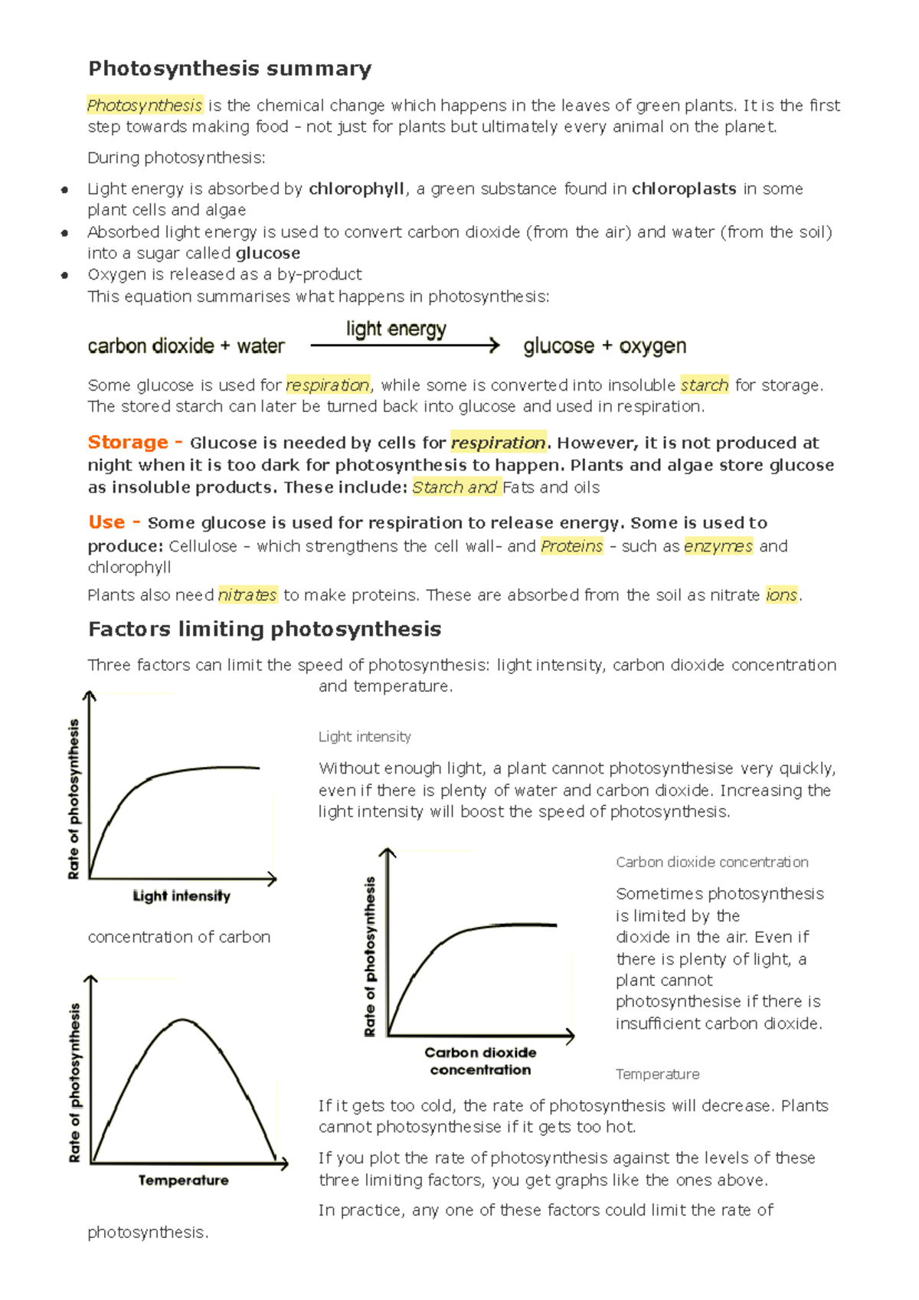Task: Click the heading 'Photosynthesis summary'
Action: tap(230, 69)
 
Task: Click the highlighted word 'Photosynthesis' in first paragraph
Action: tap(145, 105)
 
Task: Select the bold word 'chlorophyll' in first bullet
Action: tap(356, 188)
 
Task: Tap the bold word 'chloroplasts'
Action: tap(684, 188)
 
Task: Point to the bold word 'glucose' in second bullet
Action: tap(268, 253)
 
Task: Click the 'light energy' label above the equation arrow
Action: tap(396, 329)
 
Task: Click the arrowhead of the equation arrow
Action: tap(495, 345)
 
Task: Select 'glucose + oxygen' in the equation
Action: tap(604, 346)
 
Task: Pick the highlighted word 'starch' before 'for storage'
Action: tap(704, 385)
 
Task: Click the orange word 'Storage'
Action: tap(128, 442)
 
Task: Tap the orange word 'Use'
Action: tap(106, 522)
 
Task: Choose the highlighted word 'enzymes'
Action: tap(718, 545)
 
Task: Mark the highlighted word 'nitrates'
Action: tap(247, 594)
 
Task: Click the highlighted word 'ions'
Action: tap(781, 594)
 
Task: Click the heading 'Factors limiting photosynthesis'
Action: tap(264, 629)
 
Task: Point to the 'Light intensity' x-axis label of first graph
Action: tap(182, 896)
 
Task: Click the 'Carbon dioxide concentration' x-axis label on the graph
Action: tap(480, 1061)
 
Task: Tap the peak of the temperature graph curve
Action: tap(183, 1020)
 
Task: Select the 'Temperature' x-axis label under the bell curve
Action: tap(183, 1180)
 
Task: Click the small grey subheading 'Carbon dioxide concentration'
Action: tap(711, 862)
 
